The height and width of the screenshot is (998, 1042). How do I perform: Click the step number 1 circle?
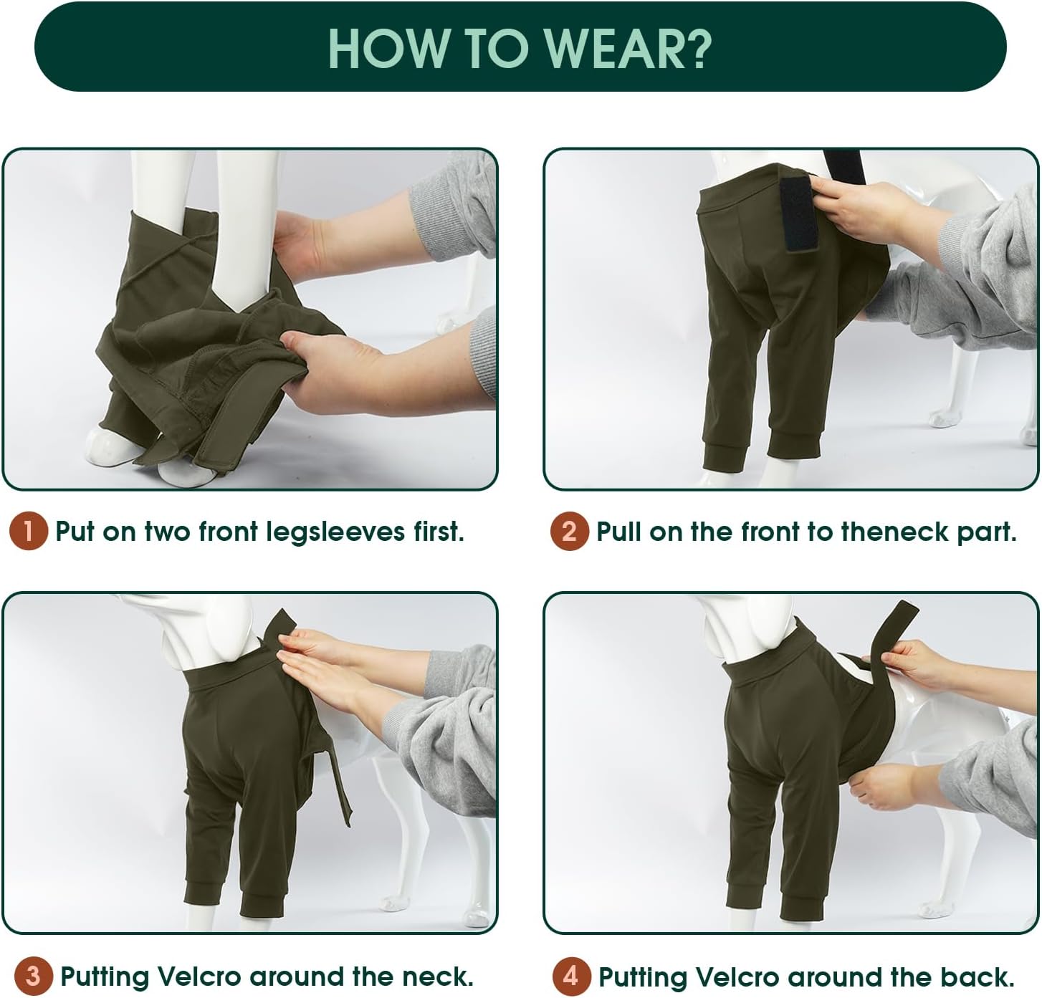[29, 532]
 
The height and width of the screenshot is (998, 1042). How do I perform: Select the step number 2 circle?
[569, 532]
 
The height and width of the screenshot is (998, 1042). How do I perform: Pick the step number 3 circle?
[33, 976]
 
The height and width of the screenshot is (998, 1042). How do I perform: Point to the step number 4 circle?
[571, 976]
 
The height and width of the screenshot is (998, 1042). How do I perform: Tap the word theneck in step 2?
[896, 532]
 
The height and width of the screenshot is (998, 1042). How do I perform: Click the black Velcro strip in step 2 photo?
[798, 213]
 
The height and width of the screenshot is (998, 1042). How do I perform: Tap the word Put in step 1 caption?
[75, 532]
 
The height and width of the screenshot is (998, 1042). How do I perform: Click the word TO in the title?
[499, 49]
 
